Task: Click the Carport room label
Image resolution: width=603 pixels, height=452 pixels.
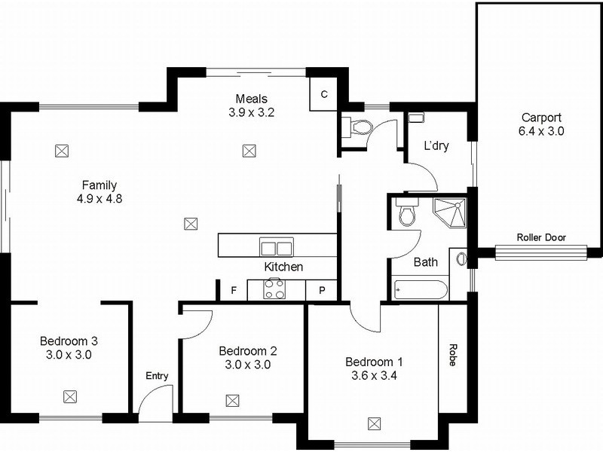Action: point(541,118)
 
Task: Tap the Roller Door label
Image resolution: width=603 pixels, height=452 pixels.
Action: point(541,237)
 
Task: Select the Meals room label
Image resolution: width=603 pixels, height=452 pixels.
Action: point(252,99)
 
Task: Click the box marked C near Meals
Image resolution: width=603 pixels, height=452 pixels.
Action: point(323,94)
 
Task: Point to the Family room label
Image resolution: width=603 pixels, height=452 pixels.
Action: point(99,185)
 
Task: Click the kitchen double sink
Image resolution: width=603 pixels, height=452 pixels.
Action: point(277,246)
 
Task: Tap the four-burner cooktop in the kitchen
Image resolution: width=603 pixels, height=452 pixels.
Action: point(273,289)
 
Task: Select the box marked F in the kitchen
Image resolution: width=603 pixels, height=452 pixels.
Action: point(234,290)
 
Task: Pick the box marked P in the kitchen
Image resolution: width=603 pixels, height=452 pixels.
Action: point(322,290)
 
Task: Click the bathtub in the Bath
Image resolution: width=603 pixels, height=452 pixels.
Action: point(421,289)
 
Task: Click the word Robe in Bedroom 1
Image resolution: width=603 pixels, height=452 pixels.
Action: point(453,355)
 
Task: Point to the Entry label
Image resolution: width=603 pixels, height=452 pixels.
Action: point(157,376)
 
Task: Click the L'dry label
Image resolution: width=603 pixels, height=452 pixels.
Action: point(436,145)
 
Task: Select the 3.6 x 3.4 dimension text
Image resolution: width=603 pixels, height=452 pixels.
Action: point(374,374)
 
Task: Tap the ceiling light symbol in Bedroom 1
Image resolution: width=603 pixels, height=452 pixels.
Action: point(373,423)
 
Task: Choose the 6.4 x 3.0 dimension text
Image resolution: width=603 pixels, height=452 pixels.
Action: point(541,130)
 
